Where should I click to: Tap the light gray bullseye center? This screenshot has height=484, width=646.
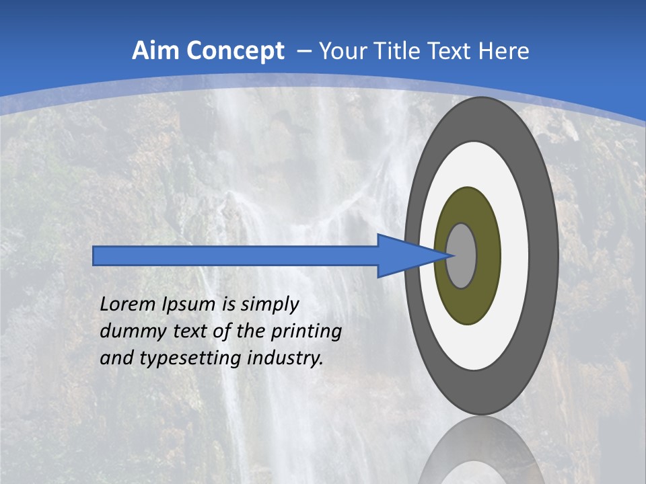coord(462,255)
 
